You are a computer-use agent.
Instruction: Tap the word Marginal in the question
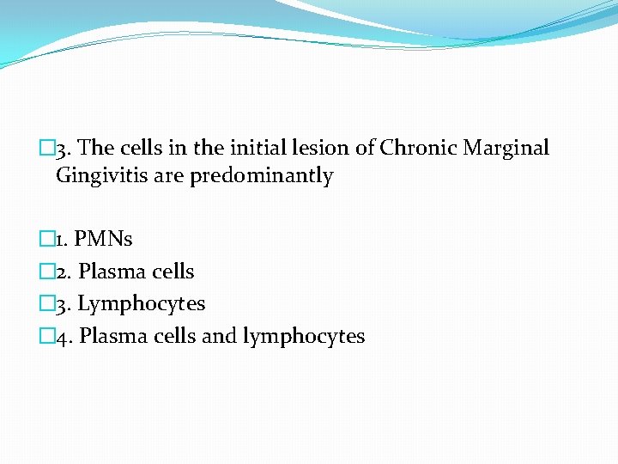click(506, 148)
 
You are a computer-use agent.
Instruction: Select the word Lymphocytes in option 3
click(142, 304)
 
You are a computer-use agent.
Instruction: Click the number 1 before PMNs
click(61, 239)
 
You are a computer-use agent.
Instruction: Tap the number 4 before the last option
click(62, 336)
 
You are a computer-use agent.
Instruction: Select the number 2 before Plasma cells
click(62, 272)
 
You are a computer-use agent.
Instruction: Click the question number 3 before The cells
click(62, 148)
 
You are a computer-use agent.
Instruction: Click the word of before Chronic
click(365, 148)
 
